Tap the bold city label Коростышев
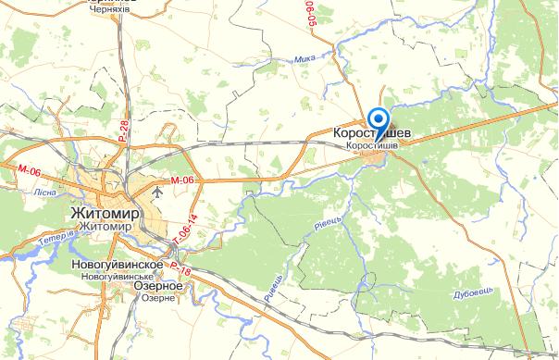pyautogui.click(x=369, y=134)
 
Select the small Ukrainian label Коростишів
pyautogui.click(x=371, y=146)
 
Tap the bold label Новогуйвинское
pyautogui.click(x=118, y=264)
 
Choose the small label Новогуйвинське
pyautogui.click(x=118, y=276)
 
